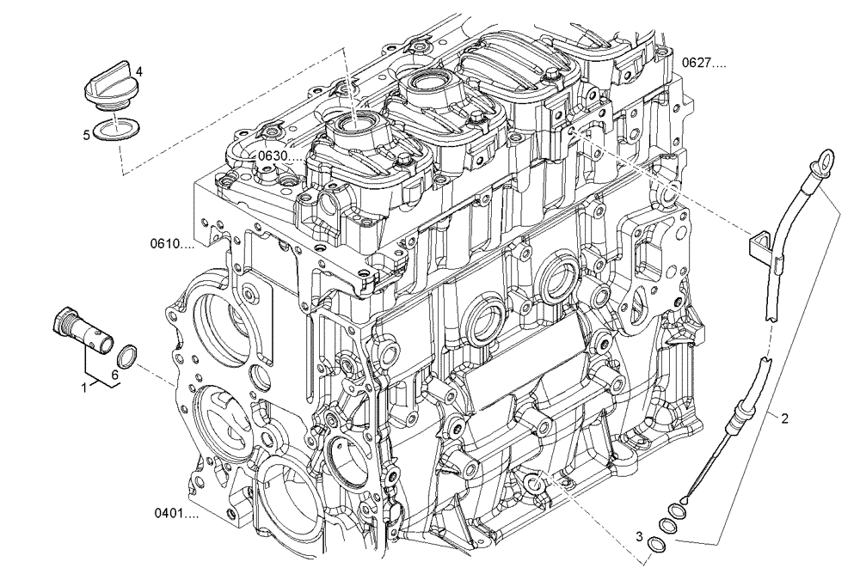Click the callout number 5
click(x=86, y=135)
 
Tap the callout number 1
click(x=84, y=388)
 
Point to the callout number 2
click(x=784, y=418)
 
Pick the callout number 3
click(x=639, y=536)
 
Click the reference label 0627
click(x=704, y=63)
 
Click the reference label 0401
click(x=176, y=514)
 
